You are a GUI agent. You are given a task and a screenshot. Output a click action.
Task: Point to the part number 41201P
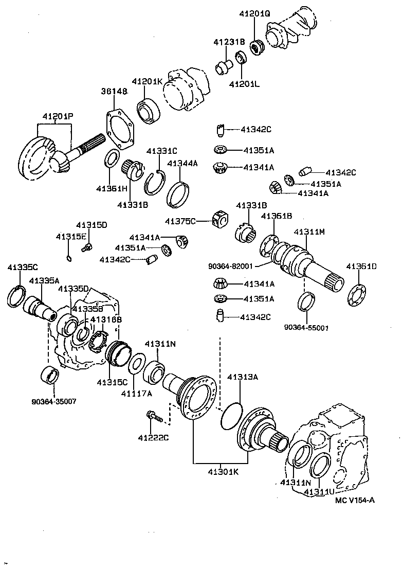pyautogui.click(x=58, y=117)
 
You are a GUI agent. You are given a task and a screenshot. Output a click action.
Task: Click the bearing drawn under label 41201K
pyautogui.click(x=149, y=110)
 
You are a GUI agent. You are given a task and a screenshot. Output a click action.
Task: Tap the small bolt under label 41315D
pyautogui.click(x=87, y=247)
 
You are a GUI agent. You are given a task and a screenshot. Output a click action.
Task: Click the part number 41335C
pyautogui.click(x=23, y=267)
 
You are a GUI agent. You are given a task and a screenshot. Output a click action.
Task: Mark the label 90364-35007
pyautogui.click(x=53, y=401)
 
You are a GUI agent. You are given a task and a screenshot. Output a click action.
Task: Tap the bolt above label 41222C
pyautogui.click(x=154, y=416)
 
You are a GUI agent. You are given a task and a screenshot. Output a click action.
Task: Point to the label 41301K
pyautogui.click(x=223, y=472)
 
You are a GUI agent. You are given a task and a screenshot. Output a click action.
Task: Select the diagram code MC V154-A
pyautogui.click(x=355, y=500)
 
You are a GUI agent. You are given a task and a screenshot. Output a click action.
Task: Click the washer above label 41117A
pyautogui.click(x=135, y=364)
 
